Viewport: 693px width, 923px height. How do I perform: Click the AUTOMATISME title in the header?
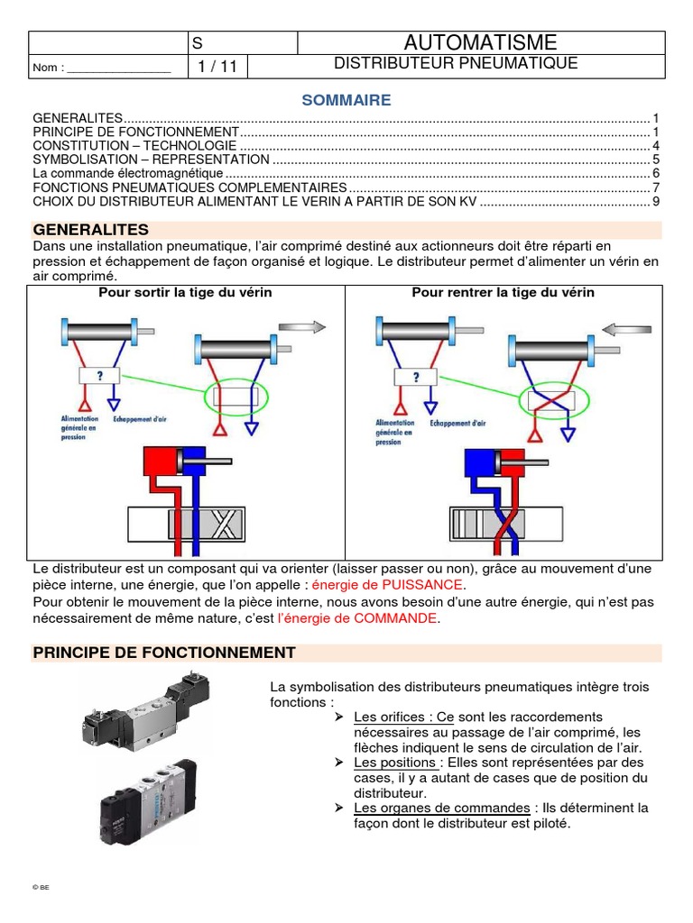click(x=480, y=42)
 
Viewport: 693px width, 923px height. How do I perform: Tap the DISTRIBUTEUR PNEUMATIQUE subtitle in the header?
click(x=456, y=63)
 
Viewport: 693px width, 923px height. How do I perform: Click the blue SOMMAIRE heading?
click(x=346, y=100)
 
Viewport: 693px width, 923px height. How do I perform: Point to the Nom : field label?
click(x=49, y=68)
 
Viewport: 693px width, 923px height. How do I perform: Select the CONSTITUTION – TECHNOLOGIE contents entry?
click(x=134, y=146)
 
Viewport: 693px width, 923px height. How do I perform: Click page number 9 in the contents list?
click(x=657, y=201)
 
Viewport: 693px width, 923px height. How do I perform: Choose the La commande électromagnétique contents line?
click(x=126, y=173)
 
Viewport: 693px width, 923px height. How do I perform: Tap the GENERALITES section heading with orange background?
click(x=91, y=230)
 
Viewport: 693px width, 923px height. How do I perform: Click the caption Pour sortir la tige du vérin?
click(x=185, y=293)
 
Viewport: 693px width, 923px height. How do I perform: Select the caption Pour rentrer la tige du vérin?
click(x=504, y=293)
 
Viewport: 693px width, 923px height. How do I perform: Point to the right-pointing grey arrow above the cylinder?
click(x=302, y=327)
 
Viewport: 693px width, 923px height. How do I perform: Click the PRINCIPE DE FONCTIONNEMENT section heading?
click(x=164, y=653)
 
